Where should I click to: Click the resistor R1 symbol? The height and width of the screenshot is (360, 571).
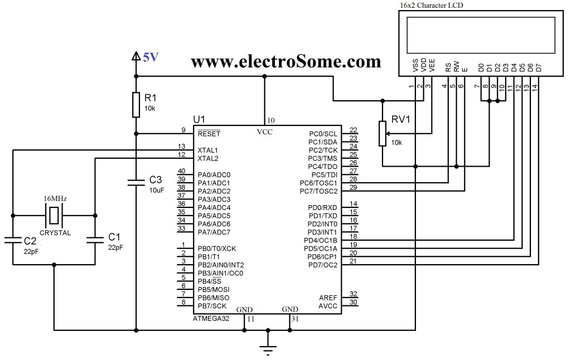[136, 105]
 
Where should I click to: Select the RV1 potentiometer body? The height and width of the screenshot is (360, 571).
[382, 134]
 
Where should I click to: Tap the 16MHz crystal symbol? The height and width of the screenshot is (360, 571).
[54, 215]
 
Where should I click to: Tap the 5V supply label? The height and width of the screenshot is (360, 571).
[151, 57]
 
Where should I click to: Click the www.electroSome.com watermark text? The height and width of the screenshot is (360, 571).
[285, 61]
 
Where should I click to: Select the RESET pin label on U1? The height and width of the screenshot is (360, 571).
[209, 134]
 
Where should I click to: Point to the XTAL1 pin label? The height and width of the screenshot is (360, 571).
[207, 150]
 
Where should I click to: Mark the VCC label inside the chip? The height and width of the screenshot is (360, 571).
[265, 132]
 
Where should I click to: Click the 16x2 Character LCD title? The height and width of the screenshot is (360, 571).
[431, 5]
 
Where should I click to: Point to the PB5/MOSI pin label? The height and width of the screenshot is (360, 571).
[213, 290]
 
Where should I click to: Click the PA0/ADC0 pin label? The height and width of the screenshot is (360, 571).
[214, 175]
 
